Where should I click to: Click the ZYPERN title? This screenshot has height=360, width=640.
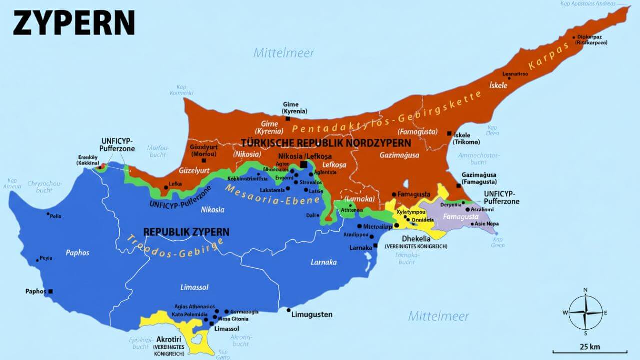coord(74,23)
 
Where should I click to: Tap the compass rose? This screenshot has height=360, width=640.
coord(585,312)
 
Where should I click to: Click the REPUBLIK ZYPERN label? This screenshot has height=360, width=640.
coord(186,232)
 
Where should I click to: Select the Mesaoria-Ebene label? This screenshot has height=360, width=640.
coord(272,195)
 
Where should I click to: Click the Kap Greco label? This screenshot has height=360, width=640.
coord(498,242)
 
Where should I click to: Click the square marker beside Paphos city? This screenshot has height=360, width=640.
coord(50,291)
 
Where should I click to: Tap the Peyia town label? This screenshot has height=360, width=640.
coord(46,258)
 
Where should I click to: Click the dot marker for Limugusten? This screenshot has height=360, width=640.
coord(288,310)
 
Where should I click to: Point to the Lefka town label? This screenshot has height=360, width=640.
coord(175,184)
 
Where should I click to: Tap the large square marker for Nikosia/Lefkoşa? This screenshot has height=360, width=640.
coord(304,164)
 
